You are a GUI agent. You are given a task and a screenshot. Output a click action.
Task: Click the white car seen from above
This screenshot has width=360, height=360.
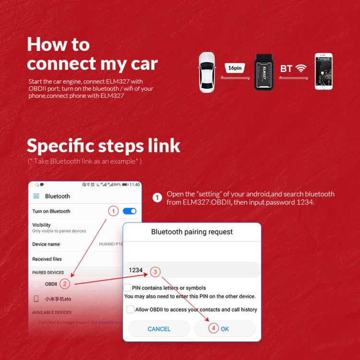[x=210, y=72]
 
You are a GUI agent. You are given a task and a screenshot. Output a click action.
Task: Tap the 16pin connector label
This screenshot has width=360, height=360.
[x=235, y=68]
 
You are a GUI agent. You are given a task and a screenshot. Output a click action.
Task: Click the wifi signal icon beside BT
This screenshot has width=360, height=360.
[x=301, y=68]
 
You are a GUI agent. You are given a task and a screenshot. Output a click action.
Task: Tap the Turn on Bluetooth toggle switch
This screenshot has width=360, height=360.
[x=130, y=211]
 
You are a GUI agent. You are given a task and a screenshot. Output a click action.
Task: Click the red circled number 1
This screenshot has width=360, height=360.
[x=113, y=211]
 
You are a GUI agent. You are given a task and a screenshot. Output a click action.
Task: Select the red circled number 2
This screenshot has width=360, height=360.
[x=66, y=284]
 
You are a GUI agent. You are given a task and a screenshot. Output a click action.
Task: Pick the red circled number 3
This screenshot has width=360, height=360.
[x=155, y=272]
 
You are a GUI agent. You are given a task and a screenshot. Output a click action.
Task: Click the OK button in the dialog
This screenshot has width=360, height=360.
[x=225, y=329]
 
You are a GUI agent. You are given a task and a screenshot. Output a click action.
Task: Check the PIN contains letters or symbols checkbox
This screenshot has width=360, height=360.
[x=127, y=288]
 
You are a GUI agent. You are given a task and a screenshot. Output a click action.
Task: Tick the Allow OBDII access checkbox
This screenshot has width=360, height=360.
[x=130, y=310]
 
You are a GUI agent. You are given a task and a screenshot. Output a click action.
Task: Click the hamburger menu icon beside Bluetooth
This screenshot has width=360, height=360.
[x=36, y=196]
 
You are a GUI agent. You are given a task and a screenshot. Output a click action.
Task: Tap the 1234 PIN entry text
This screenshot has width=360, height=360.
[x=136, y=270]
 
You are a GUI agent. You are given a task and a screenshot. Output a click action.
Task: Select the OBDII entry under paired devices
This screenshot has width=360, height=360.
[x=51, y=284]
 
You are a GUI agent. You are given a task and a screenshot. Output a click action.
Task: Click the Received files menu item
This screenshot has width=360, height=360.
[x=47, y=259]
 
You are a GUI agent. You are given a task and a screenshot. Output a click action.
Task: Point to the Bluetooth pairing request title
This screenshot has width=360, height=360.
[x=192, y=232]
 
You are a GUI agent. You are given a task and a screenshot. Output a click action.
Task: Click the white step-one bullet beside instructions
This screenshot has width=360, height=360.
[x=157, y=198]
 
